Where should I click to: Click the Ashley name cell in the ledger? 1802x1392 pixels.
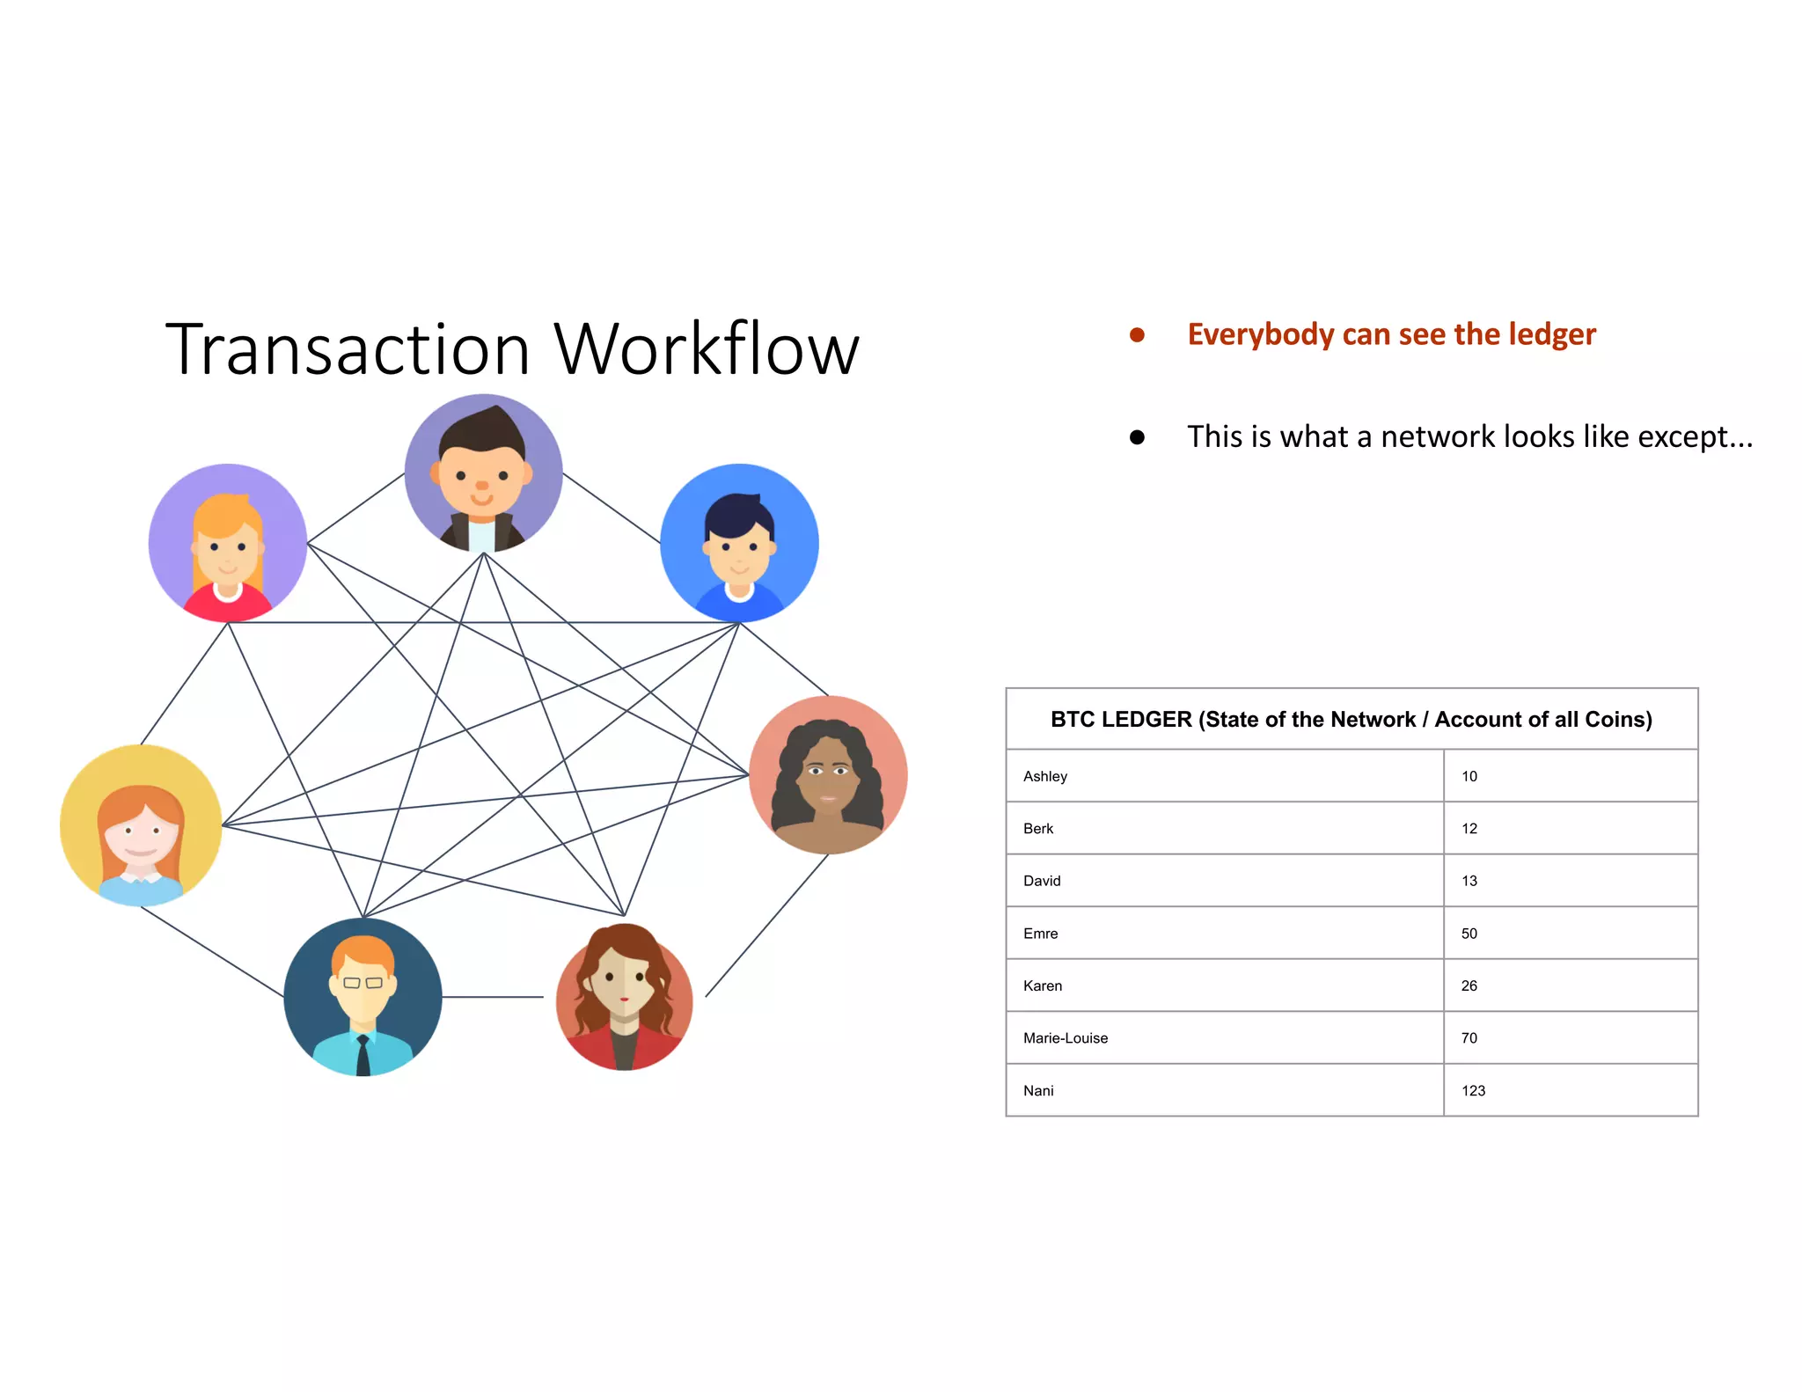(x=1045, y=776)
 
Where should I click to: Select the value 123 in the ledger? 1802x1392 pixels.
(x=1473, y=1090)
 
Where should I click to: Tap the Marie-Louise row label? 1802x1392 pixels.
(x=1066, y=1038)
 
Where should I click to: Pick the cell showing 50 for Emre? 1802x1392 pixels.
(x=1469, y=934)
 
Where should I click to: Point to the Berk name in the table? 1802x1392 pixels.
(x=1038, y=829)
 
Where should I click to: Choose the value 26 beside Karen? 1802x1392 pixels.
(x=1469, y=985)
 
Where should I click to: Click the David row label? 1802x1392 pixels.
(x=1042, y=881)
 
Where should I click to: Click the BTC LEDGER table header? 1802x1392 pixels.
(x=1351, y=720)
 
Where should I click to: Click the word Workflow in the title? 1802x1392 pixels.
(x=706, y=350)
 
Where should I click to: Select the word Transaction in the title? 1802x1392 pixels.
(x=348, y=350)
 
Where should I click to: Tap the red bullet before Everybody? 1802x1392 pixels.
(x=1137, y=335)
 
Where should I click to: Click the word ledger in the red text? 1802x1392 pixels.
(x=1551, y=334)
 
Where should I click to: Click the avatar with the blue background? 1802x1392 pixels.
(x=739, y=543)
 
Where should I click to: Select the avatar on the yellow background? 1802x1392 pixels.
(x=141, y=825)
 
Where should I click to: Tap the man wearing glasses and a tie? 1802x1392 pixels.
(x=363, y=996)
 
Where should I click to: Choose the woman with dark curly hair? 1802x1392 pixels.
(x=828, y=774)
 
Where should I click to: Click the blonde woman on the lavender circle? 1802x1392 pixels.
(x=228, y=543)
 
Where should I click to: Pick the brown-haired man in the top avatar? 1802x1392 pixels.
(x=483, y=473)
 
